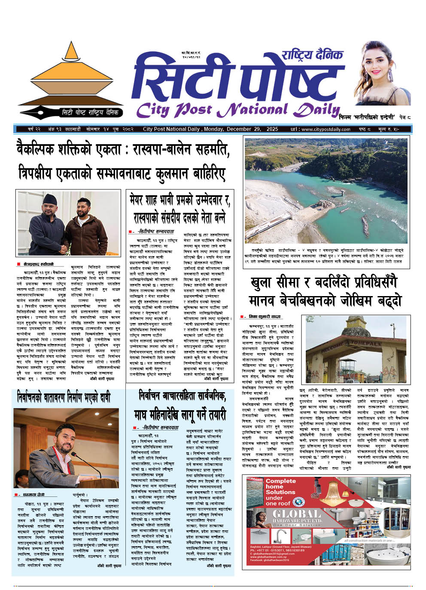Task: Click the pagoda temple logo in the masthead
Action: [x=70, y=77]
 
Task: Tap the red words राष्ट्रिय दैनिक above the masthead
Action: [x=312, y=55]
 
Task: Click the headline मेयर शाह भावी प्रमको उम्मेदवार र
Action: [x=180, y=200]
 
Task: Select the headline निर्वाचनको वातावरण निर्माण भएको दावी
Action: [x=64, y=395]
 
